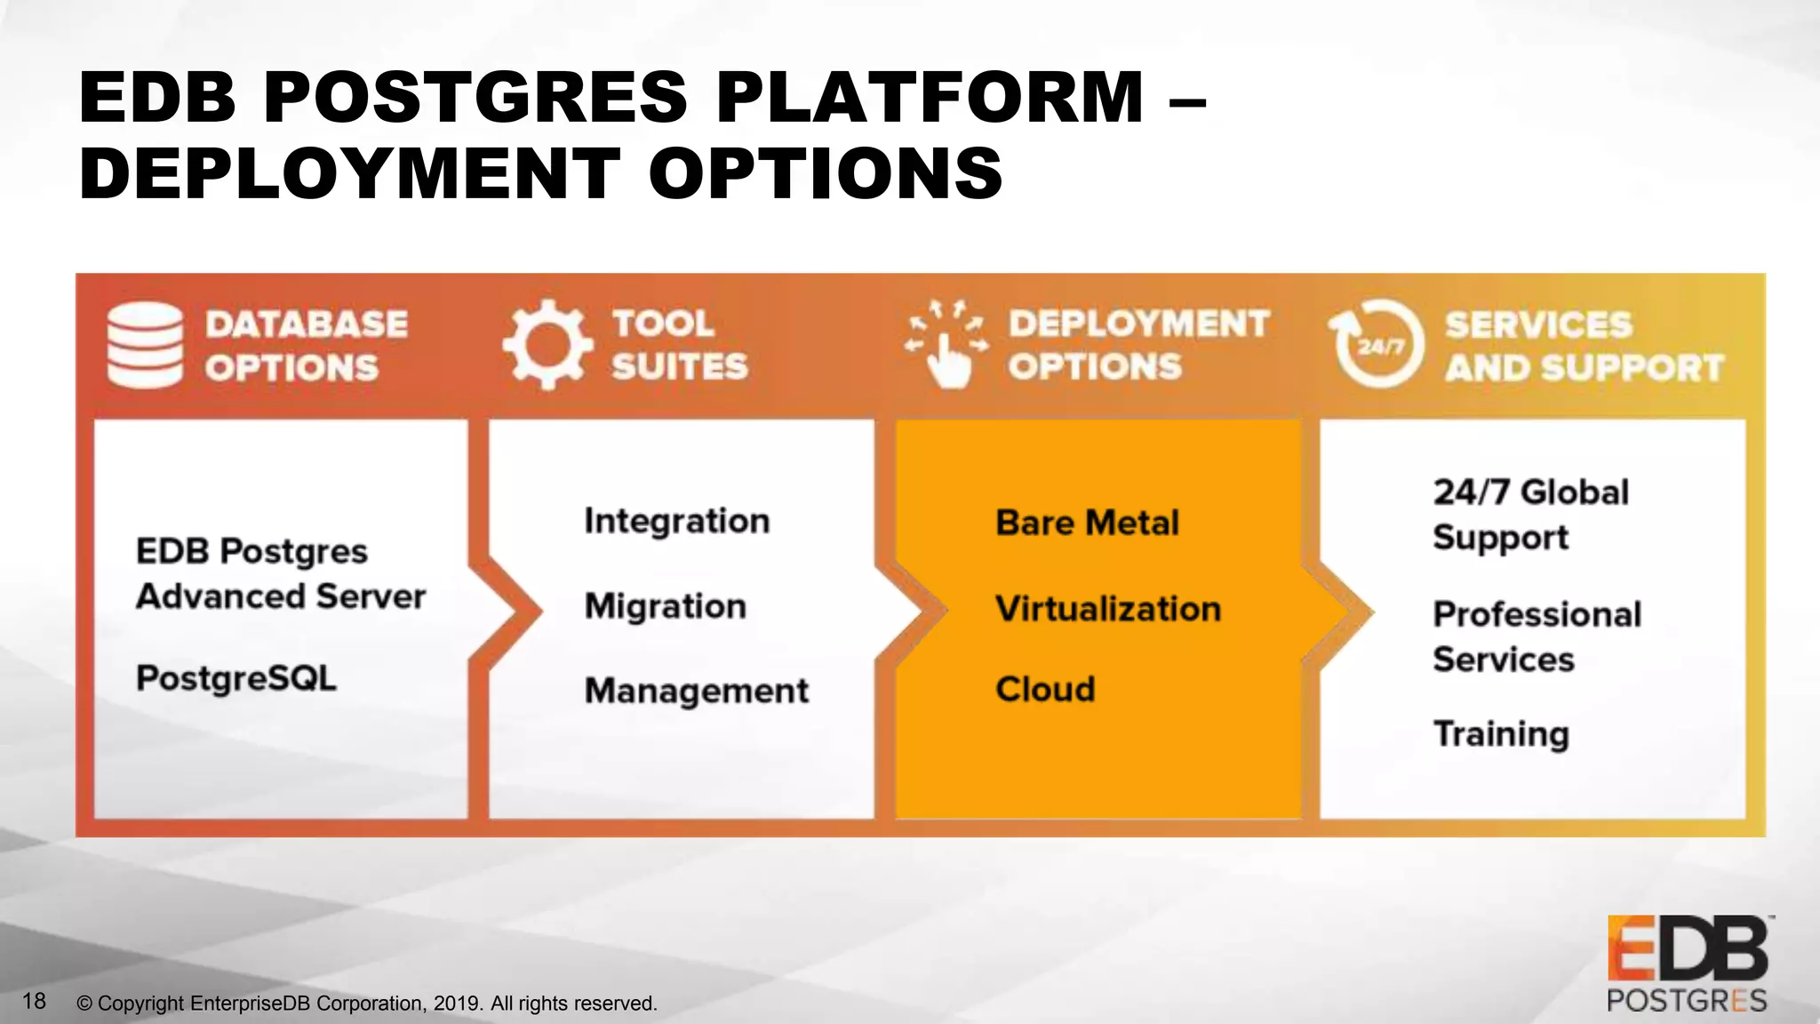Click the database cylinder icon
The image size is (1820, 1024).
(x=145, y=346)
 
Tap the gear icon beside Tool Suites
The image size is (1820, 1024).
(x=547, y=345)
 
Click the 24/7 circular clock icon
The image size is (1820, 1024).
(x=1377, y=345)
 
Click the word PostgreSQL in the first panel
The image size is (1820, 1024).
(x=236, y=678)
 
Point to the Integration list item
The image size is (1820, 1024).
(x=677, y=521)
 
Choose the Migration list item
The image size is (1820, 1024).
(x=666, y=606)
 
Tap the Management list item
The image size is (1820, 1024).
(x=697, y=691)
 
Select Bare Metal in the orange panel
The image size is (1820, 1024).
(x=1087, y=523)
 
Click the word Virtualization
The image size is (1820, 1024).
(x=1108, y=609)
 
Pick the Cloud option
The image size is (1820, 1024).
(x=1045, y=689)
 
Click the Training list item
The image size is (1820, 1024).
(x=1501, y=734)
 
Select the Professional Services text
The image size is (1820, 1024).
(x=1537, y=636)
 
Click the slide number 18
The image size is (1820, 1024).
(x=34, y=1001)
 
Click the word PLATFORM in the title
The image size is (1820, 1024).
(x=930, y=97)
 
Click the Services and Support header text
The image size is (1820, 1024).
(x=1583, y=346)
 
